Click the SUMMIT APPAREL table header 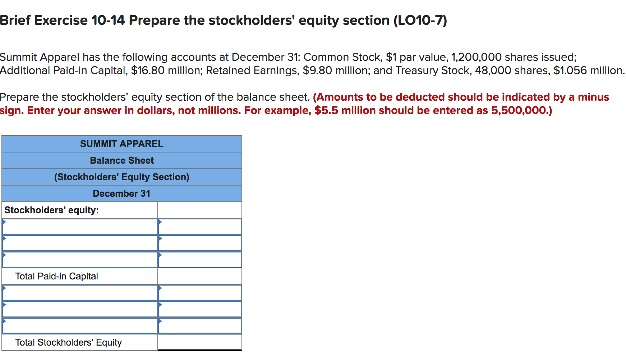(x=121, y=144)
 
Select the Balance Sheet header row (x=121, y=160)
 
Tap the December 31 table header (x=121, y=193)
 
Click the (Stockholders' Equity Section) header (x=121, y=177)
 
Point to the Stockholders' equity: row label (x=51, y=210)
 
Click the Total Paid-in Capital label (x=56, y=276)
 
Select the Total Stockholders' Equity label (x=68, y=342)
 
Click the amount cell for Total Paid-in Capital (x=199, y=276)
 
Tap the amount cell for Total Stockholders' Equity (x=199, y=342)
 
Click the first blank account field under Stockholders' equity (x=80, y=227)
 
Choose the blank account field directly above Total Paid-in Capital (x=80, y=260)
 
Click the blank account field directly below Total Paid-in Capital (x=80, y=293)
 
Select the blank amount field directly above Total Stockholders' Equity (x=199, y=326)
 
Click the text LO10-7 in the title (x=420, y=20)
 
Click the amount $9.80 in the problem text (x=317, y=70)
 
